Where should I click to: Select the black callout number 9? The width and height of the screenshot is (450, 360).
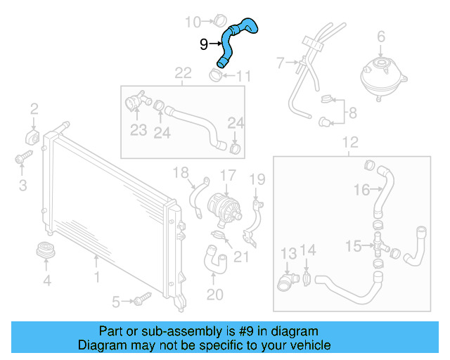(x=204, y=44)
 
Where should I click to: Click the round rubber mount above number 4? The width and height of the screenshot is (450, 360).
(x=46, y=252)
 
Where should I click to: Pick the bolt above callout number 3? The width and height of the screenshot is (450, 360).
(x=20, y=157)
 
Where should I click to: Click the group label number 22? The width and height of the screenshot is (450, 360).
(x=183, y=73)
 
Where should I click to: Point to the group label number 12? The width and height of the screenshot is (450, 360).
(x=349, y=143)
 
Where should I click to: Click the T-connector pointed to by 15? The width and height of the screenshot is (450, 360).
(x=378, y=245)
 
